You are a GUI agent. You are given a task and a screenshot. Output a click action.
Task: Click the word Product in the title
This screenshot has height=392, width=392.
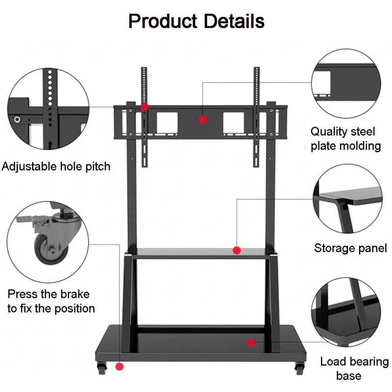coord(163,21)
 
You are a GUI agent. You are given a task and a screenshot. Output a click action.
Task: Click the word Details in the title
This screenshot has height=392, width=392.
coord(234,21)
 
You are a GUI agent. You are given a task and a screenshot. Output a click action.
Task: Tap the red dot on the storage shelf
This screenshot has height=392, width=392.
coord(236,250)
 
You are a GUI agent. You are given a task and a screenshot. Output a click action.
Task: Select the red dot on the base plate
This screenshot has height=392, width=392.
coord(250,343)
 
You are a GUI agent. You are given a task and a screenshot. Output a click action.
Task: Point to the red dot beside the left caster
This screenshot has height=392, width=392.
coord(120,367)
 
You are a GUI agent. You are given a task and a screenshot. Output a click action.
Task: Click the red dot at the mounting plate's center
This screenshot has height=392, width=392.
coord(203,120)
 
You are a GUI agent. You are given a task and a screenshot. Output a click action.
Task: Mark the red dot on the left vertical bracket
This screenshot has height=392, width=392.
coord(144,107)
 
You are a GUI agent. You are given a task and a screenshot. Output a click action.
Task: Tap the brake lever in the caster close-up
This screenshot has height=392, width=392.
coord(25,219)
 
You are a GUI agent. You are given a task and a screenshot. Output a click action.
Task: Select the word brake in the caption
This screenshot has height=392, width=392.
coord(75,294)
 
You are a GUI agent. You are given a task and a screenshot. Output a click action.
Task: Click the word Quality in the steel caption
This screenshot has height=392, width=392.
coord(328,132)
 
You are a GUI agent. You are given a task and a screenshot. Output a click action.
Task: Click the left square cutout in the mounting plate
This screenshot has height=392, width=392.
coord(167,123)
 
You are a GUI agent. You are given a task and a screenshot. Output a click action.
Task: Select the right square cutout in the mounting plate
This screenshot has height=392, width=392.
coord(234,123)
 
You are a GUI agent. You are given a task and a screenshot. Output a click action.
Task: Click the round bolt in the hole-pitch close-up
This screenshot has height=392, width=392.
coord(17,120)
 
